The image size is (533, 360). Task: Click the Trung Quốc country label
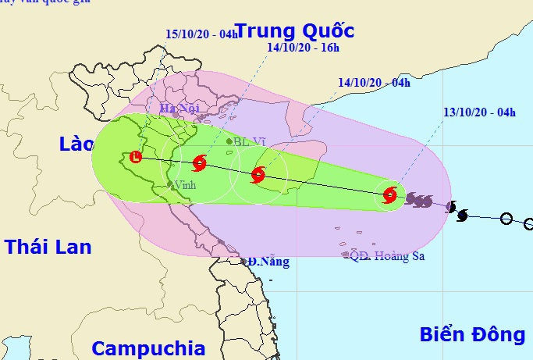[x=295, y=31]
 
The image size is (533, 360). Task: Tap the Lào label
[x=76, y=144]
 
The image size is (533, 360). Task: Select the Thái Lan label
[x=48, y=247]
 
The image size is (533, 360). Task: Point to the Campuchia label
[x=148, y=348]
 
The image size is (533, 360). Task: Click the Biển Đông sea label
[x=472, y=334]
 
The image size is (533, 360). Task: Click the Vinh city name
[x=185, y=185]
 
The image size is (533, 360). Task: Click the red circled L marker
[x=137, y=157]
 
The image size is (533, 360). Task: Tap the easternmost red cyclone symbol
[x=390, y=194]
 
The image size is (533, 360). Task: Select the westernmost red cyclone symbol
[x=199, y=164]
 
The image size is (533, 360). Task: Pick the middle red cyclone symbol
[x=258, y=175]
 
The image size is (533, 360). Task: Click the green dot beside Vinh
[x=169, y=185]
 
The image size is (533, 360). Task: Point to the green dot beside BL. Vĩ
[x=229, y=142]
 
